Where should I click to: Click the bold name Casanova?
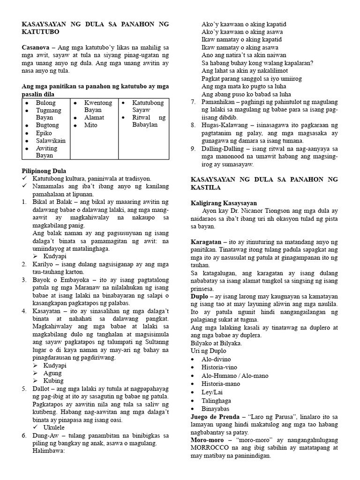pos(37,48)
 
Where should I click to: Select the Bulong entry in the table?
pos(45,103)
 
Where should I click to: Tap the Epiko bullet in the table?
pos(45,133)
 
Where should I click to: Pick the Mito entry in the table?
pos(91,125)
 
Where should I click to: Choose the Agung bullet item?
pos(53,373)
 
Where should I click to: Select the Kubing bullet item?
pos(54,381)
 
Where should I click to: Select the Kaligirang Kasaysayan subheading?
pos(224,203)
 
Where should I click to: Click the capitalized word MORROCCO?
pos(213,448)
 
